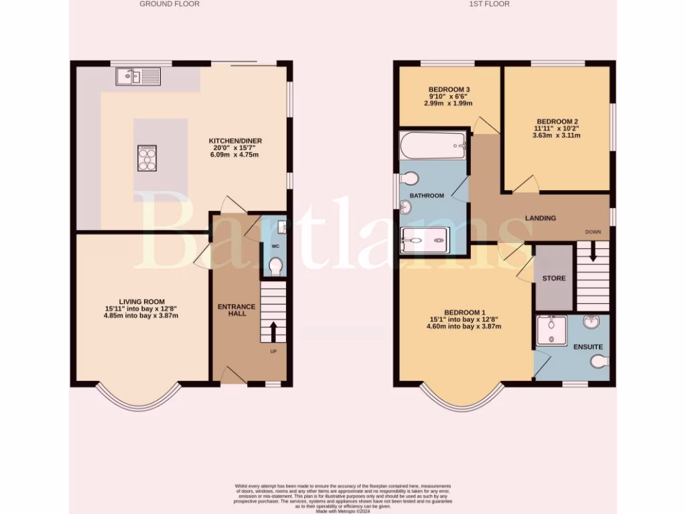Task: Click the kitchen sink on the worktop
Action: pos(137,77)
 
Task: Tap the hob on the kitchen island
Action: pos(147,159)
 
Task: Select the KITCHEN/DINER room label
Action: pos(234,141)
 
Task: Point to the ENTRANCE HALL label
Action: pos(236,311)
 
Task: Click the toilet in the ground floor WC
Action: pos(275,266)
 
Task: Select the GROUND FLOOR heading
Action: pos(169,4)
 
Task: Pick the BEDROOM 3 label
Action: pos(448,90)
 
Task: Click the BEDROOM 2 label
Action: pos(557,122)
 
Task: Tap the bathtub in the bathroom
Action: pos(433,145)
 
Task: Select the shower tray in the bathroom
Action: pos(424,240)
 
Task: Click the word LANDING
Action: pos(540,218)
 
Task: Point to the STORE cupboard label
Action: pos(553,278)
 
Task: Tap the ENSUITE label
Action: pos(588,347)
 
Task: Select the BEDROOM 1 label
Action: pos(464,313)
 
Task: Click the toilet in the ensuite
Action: pos(600,362)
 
